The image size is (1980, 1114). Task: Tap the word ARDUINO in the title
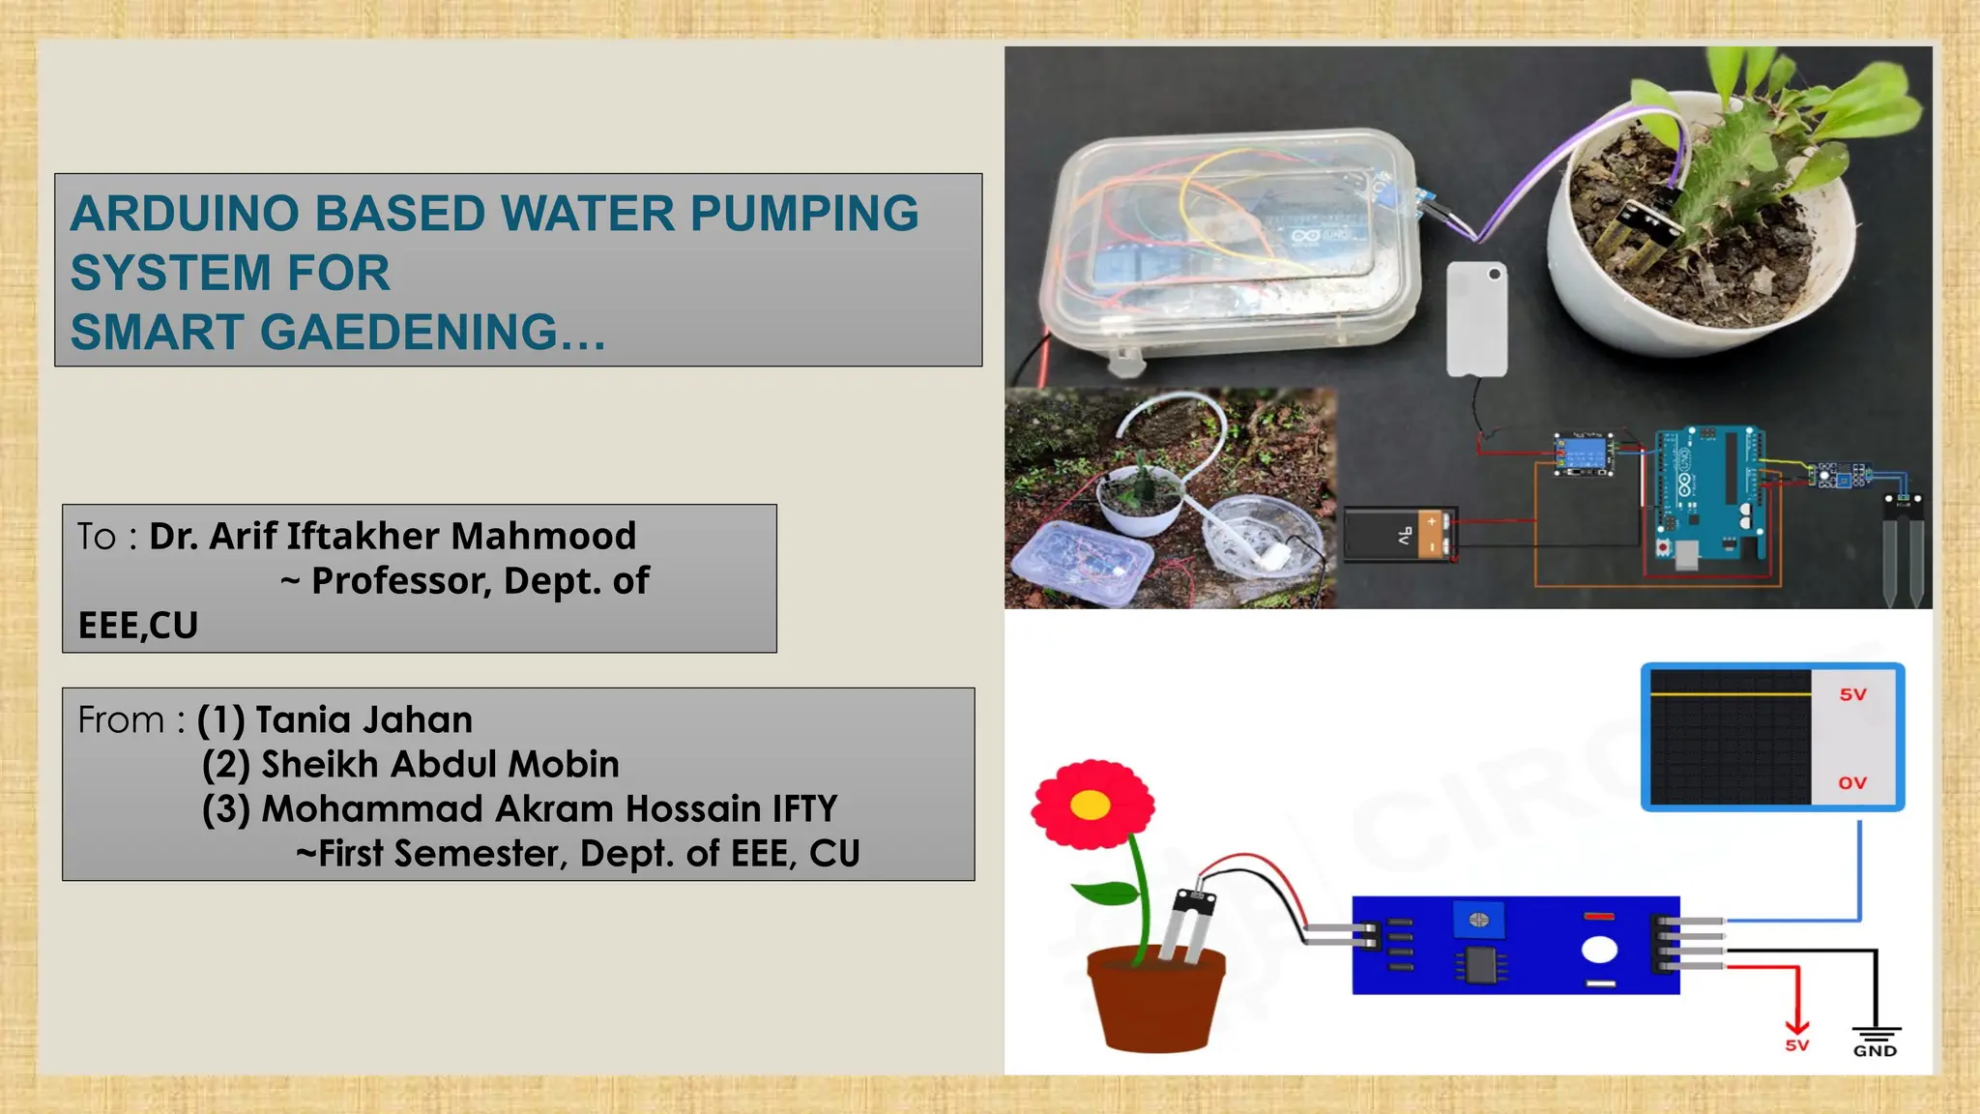(x=185, y=214)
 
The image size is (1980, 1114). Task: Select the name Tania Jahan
(x=364, y=720)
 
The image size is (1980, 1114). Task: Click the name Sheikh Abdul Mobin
(x=440, y=765)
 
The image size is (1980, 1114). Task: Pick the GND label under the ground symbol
(x=1875, y=1051)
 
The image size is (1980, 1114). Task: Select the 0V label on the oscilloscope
(x=1852, y=783)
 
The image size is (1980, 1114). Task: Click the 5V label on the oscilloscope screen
(x=1852, y=695)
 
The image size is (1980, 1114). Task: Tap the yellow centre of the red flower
(x=1091, y=805)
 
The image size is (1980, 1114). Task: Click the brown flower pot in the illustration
(x=1155, y=1001)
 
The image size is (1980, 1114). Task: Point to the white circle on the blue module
(x=1599, y=951)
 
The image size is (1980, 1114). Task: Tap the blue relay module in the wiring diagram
(x=1583, y=454)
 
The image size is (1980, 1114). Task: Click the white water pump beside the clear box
(x=1475, y=318)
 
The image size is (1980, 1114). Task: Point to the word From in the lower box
(x=121, y=720)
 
